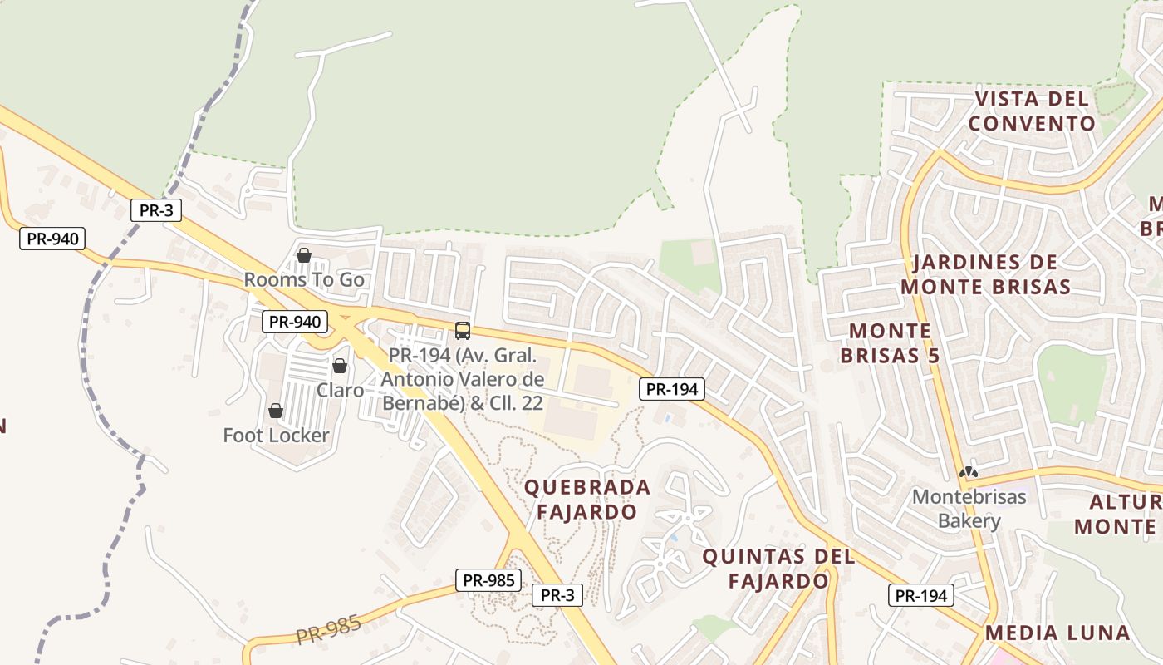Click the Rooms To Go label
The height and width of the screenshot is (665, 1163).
point(304,280)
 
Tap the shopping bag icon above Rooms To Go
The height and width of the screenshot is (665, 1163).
point(304,255)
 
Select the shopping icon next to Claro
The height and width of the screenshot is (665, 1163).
point(340,366)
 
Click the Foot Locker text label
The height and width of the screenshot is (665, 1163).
point(276,435)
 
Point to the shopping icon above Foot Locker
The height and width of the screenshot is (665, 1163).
point(276,411)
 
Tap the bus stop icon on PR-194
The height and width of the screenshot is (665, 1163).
point(463,331)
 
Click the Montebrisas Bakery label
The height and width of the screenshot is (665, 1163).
point(969,509)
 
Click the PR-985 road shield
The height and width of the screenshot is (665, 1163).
point(488,580)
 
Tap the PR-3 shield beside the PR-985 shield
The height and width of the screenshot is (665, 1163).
point(557,594)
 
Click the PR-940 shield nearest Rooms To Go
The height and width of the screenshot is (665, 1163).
point(295,322)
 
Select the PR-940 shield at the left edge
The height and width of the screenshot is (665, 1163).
point(52,239)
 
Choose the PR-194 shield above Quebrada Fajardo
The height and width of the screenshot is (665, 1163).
point(672,388)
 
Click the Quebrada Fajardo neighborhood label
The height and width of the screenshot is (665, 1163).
point(586,499)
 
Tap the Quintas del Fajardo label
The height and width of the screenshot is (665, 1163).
point(778,569)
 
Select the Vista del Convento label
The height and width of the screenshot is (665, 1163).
point(1032,111)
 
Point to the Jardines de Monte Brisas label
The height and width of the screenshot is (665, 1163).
point(985,274)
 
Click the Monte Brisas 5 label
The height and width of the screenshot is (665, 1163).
point(890,343)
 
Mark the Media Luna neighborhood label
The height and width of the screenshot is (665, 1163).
point(1057,633)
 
